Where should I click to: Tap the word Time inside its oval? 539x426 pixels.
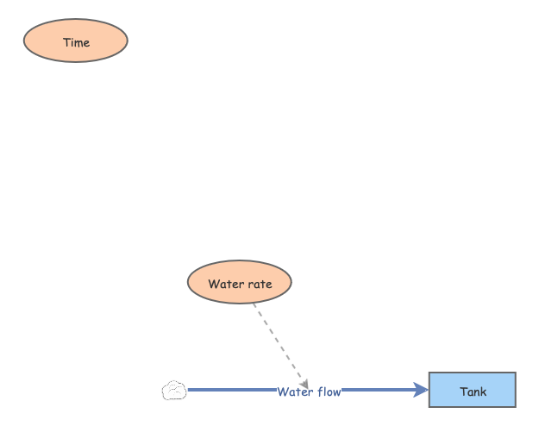click(76, 42)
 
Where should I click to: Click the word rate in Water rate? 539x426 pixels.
click(260, 284)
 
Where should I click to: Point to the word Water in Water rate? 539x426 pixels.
click(226, 284)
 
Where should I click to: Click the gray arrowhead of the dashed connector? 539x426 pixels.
click(304, 383)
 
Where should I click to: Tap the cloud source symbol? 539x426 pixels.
click(174, 391)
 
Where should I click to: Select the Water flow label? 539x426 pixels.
click(309, 392)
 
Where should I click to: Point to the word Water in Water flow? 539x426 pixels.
click(294, 392)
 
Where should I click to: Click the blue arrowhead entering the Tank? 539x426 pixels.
click(422, 391)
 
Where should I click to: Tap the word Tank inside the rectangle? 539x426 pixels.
click(473, 392)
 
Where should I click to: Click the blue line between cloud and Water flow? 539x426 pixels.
click(231, 390)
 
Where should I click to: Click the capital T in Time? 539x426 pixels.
click(66, 42)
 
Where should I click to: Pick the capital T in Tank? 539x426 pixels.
click(463, 392)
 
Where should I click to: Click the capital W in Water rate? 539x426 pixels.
click(213, 284)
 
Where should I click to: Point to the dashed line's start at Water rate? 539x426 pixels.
click(254, 305)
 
